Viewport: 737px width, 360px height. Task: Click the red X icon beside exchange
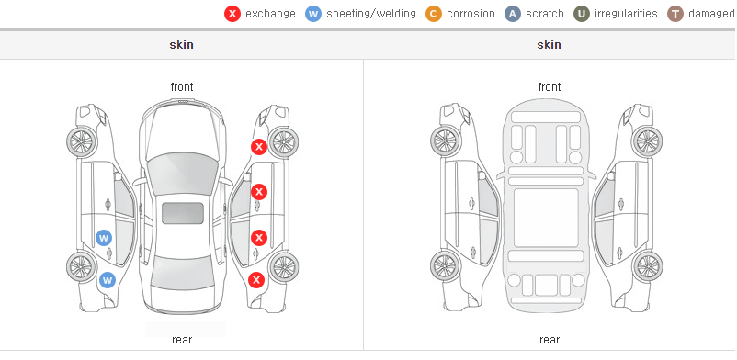click(x=232, y=14)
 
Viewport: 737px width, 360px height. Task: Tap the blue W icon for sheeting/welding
click(x=313, y=14)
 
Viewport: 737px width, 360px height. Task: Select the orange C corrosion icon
click(x=434, y=14)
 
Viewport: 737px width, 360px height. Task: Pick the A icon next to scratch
click(x=513, y=14)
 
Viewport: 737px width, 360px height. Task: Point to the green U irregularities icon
click(x=582, y=14)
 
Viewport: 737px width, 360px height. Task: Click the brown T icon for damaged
click(x=675, y=14)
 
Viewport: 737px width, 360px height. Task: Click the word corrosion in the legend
click(x=471, y=14)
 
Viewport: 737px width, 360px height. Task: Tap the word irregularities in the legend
click(x=626, y=14)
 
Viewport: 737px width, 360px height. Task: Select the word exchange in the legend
click(x=270, y=14)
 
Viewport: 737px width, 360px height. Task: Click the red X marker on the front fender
click(x=258, y=147)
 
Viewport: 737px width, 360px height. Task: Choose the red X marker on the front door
click(x=258, y=192)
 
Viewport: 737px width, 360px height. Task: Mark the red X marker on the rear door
click(x=258, y=238)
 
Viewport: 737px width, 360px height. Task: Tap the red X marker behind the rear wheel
click(x=256, y=281)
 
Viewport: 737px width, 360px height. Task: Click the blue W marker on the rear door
click(x=104, y=238)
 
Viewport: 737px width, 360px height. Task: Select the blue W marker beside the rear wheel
click(x=108, y=281)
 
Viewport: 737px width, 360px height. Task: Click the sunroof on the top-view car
click(x=183, y=213)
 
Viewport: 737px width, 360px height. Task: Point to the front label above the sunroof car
click(x=182, y=87)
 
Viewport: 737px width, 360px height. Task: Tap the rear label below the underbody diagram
click(x=550, y=340)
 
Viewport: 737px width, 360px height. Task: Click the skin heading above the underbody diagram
click(x=549, y=45)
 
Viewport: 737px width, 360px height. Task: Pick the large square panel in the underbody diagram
click(x=546, y=218)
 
